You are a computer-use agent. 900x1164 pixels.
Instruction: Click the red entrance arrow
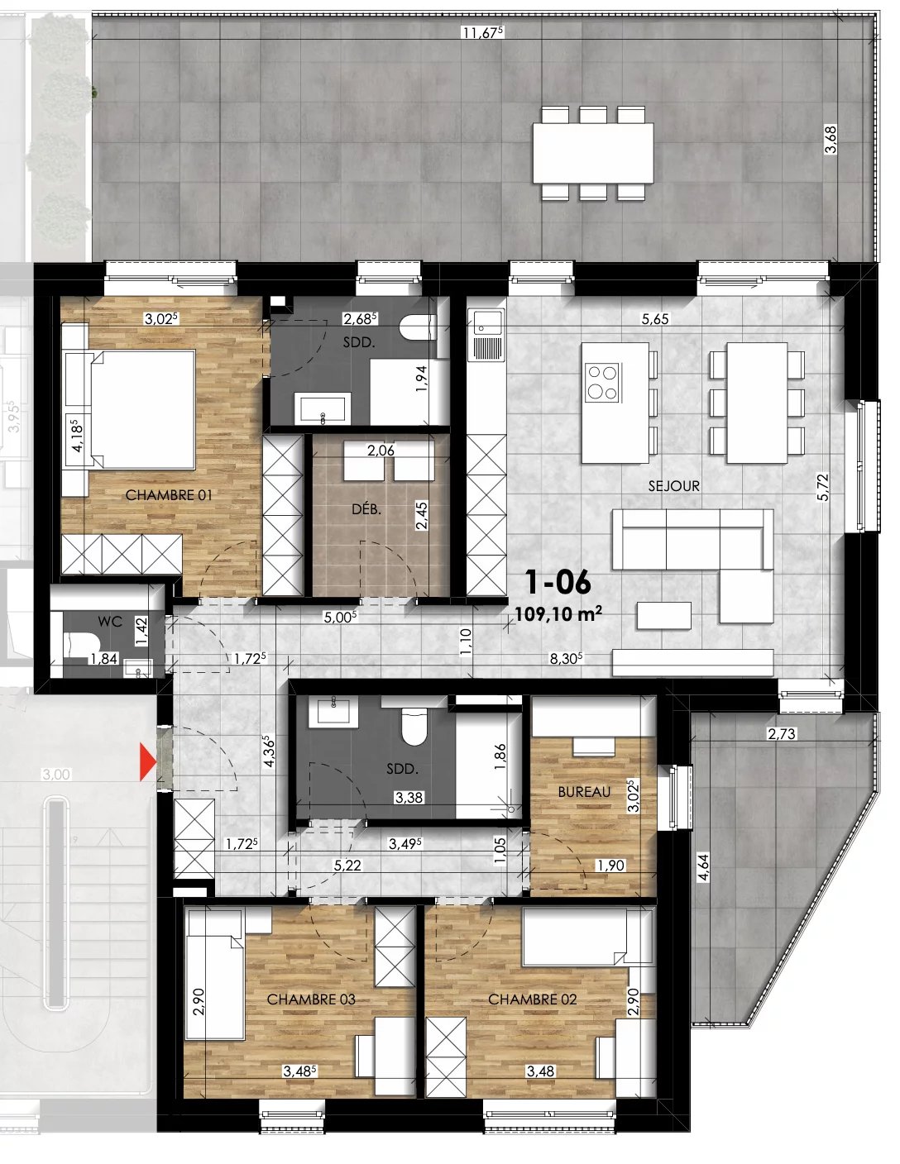(147, 762)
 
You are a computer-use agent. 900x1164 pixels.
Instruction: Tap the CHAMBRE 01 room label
(169, 494)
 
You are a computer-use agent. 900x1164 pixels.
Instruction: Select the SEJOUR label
(673, 486)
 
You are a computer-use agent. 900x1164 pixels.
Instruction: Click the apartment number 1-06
(558, 583)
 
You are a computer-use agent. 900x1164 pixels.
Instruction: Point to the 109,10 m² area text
(558, 613)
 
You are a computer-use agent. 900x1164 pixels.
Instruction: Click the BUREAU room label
(584, 791)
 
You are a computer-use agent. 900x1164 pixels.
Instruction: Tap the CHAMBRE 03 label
(311, 999)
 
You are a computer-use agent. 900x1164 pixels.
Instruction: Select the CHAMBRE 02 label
(532, 999)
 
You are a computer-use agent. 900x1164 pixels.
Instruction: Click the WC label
(110, 621)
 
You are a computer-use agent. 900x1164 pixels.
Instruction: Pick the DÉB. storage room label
(366, 509)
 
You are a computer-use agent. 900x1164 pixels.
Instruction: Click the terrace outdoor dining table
(592, 153)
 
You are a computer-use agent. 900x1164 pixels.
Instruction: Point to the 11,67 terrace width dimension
(483, 33)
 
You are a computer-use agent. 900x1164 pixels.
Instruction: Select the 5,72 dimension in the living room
(821, 488)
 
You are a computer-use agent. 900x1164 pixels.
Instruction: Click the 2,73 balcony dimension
(782, 733)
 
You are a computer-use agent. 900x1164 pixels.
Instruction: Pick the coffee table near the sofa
(663, 614)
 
